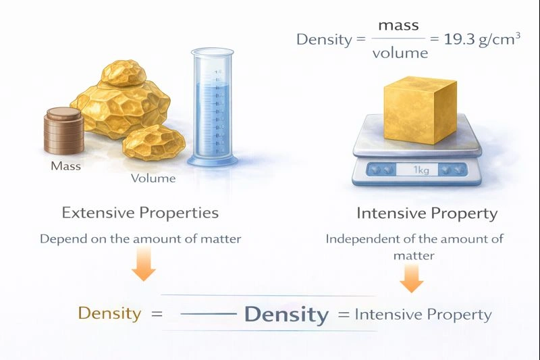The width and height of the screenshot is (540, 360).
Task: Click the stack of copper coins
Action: pyautogui.click(x=64, y=132)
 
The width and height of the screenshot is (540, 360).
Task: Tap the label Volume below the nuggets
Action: pyautogui.click(x=153, y=179)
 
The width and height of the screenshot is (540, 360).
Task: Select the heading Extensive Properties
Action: pyautogui.click(x=140, y=213)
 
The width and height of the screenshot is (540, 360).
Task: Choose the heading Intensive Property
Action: pyautogui.click(x=427, y=214)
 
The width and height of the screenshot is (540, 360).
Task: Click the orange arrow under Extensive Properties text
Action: pyautogui.click(x=143, y=265)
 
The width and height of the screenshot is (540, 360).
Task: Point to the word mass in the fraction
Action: pyautogui.click(x=398, y=26)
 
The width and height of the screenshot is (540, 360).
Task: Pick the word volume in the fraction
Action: pyautogui.click(x=400, y=53)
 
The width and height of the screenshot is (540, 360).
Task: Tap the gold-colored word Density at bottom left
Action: pyautogui.click(x=110, y=313)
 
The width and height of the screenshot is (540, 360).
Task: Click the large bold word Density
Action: pyautogui.click(x=286, y=315)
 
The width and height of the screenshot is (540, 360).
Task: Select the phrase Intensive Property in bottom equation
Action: pyautogui.click(x=423, y=314)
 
